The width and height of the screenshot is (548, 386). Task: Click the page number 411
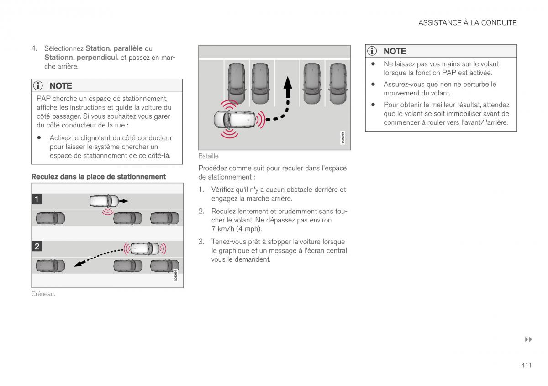[526, 365]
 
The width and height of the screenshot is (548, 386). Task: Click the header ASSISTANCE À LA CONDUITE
[467, 23]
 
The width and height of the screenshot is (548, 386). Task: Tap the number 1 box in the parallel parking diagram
[37, 199]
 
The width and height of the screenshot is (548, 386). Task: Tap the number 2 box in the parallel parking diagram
[37, 246]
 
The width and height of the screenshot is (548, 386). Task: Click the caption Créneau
[43, 294]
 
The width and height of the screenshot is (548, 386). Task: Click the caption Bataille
[209, 156]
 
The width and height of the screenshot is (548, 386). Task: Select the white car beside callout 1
[104, 200]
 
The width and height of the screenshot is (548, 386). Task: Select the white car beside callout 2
[145, 248]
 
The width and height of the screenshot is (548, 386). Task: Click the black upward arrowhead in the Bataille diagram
[287, 84]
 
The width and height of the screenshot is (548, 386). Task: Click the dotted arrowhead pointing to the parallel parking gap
[79, 263]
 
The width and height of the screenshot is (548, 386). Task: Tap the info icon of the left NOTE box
[38, 86]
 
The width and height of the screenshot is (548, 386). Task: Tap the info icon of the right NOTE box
[373, 51]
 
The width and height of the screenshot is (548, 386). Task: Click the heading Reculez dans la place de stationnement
[98, 177]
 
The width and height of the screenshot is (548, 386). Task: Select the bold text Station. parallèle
[114, 48]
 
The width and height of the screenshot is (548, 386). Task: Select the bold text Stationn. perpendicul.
[81, 57]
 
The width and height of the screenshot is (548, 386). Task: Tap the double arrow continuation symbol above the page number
[528, 339]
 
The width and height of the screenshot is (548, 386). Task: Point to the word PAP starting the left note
[43, 98]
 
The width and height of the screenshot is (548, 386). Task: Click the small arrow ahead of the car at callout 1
[124, 201]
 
